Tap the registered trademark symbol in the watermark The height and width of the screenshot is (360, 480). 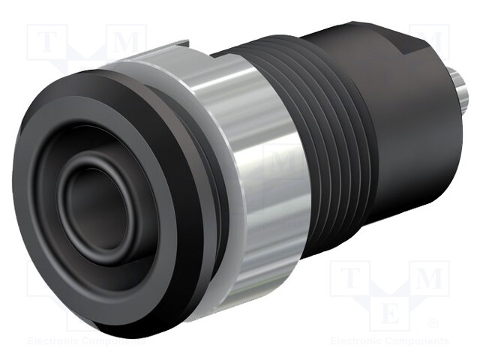[433, 324]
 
